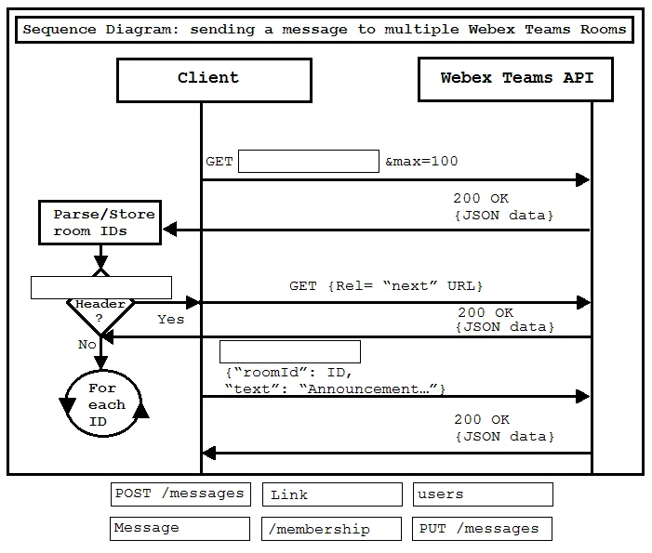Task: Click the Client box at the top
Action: tap(214, 80)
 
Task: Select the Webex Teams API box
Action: tap(515, 79)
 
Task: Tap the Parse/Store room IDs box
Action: tap(100, 222)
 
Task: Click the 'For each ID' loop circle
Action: tap(103, 433)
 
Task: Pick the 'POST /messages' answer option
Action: tap(180, 494)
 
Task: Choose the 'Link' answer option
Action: tap(332, 494)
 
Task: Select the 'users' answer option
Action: tap(483, 494)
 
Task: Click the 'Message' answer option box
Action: tap(180, 529)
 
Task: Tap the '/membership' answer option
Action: tap(331, 529)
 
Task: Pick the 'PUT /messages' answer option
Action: tap(482, 529)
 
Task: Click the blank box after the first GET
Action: tap(309, 161)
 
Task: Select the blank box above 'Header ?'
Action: tap(101, 287)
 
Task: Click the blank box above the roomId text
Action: tap(290, 352)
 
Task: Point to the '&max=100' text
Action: tap(421, 161)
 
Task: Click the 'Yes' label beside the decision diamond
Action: tap(170, 319)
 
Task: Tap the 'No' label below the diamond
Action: tap(86, 345)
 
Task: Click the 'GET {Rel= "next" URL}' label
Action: tap(386, 286)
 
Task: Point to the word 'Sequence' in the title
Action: tap(59, 30)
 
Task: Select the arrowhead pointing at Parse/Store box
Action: tap(169, 229)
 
